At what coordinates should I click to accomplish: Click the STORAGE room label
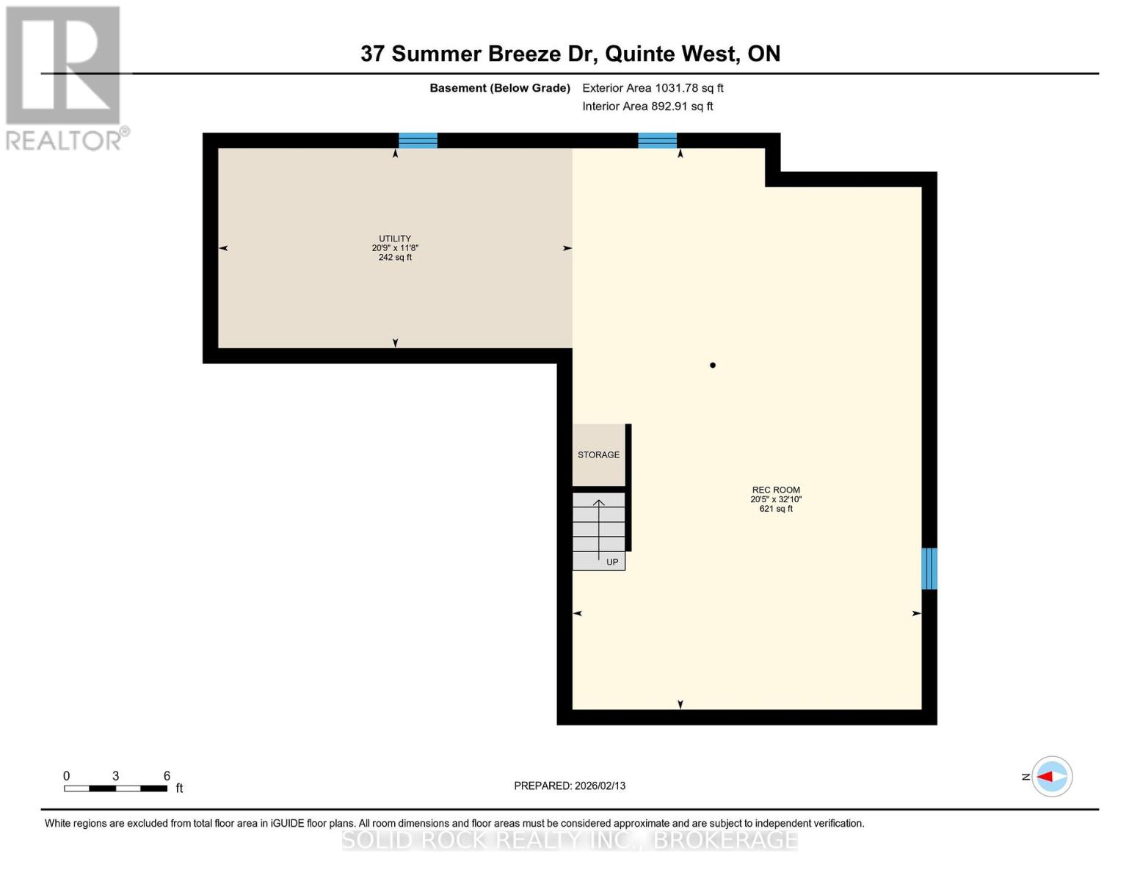coord(598,455)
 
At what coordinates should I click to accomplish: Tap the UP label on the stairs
coord(612,562)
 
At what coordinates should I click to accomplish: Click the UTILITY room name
coord(395,239)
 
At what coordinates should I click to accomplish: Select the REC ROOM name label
coord(776,490)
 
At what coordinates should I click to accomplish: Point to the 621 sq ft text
coord(776,509)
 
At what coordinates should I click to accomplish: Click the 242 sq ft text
coord(395,258)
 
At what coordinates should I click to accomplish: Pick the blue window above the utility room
coord(418,140)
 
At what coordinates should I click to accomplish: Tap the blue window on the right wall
coord(929,568)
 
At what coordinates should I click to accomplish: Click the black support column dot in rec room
coord(713,365)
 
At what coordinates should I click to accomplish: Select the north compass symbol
coord(1052,777)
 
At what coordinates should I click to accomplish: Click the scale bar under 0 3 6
coord(115,788)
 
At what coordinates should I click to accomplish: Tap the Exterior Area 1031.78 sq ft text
coord(653,88)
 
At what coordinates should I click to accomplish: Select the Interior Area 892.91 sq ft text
coord(647,106)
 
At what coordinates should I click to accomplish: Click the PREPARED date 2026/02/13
coord(570,786)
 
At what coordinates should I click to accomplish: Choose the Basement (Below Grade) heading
coord(500,88)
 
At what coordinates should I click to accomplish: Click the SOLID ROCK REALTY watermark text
coord(570,840)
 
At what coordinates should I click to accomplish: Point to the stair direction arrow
coord(599,529)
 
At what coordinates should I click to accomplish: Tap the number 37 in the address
coord(372,54)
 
